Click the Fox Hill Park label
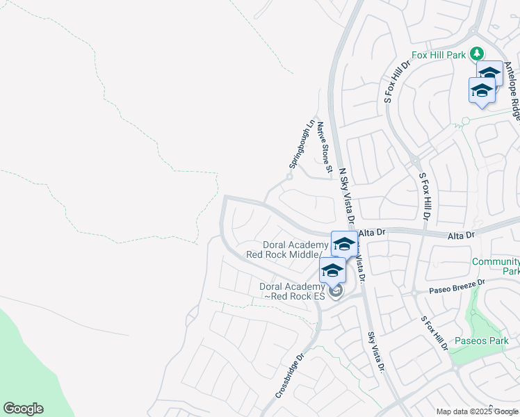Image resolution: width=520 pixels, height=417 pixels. click(439, 54)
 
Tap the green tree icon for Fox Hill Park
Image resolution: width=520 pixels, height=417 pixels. click(477, 54)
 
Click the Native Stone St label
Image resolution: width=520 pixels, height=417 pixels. click(323, 147)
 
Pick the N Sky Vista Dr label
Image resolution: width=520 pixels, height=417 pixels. click(347, 195)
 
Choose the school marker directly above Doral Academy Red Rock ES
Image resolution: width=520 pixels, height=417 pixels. click(332, 270)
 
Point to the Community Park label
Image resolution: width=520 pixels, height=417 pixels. click(495, 266)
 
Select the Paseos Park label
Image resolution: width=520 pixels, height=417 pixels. click(482, 341)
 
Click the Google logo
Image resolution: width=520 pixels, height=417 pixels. click(23, 409)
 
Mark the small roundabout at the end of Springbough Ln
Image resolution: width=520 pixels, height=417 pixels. click(289, 177)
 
